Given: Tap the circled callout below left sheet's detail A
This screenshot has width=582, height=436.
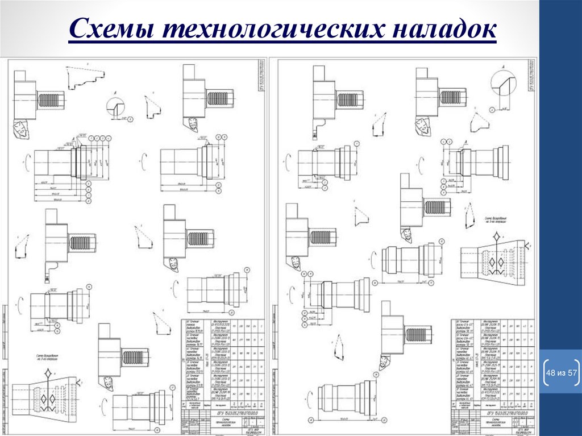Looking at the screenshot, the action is [x=130, y=119].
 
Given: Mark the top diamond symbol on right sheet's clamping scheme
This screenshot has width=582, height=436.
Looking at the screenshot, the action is [x=497, y=236].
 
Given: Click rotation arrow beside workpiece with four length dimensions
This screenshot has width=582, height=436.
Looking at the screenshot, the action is [x=26, y=161].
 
